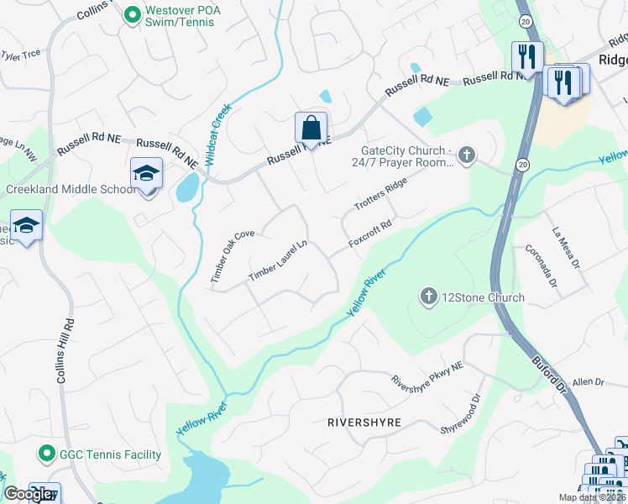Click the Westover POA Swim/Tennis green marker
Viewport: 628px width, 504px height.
(132, 14)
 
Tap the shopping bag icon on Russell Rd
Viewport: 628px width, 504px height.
(311, 129)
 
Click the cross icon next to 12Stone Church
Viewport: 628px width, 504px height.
(428, 297)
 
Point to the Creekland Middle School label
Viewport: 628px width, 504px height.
(71, 189)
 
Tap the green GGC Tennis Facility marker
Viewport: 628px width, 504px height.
(46, 454)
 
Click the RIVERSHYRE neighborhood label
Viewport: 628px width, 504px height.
(364, 422)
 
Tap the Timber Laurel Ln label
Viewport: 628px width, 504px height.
(279, 261)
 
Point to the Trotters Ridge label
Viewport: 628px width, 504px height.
(380, 193)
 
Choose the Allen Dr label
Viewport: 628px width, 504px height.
(588, 382)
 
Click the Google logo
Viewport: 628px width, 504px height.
(28, 494)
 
